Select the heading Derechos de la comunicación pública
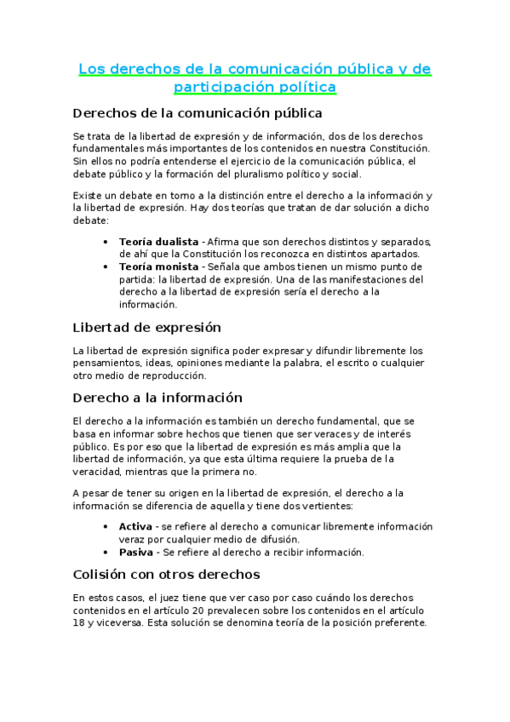click(198, 112)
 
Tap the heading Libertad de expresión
click(147, 327)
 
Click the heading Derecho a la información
click(158, 398)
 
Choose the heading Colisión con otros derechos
click(167, 574)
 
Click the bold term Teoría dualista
click(158, 242)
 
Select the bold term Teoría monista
click(158, 266)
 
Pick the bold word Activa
click(135, 526)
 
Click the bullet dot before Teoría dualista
click(105, 242)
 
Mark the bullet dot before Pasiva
click(105, 552)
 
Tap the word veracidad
click(97, 472)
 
